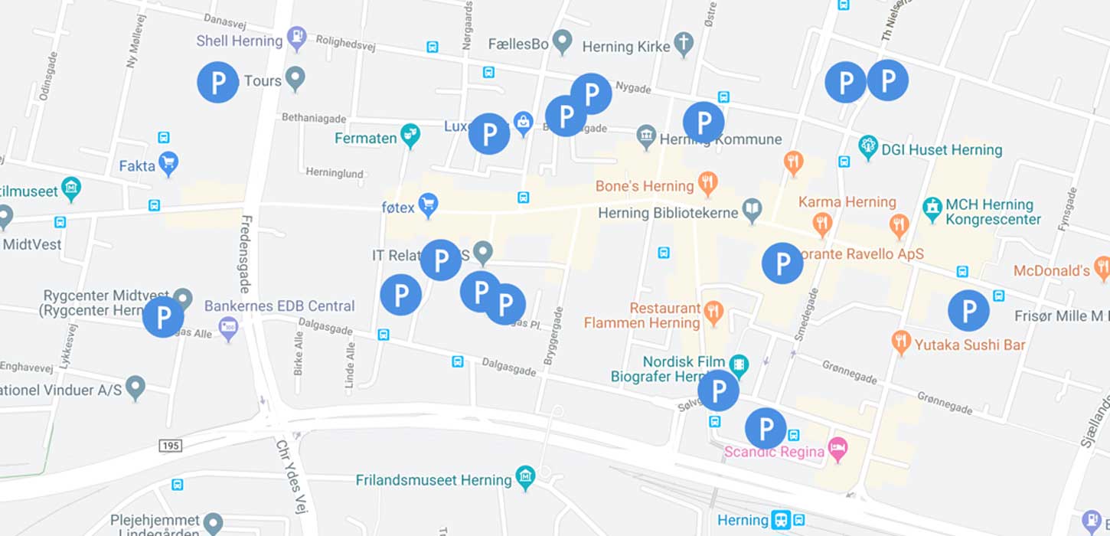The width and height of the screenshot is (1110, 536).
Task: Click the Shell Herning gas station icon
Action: pos(296,36)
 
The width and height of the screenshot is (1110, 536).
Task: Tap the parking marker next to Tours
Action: pos(218,82)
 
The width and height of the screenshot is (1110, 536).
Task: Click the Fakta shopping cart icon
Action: pos(168,162)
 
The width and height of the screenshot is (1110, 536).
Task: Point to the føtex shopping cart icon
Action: pos(427,204)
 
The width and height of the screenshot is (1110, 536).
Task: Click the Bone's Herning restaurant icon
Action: pos(707,184)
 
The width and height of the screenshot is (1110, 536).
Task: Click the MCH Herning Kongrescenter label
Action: pos(992,212)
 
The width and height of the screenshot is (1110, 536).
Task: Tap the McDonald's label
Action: pos(1051,271)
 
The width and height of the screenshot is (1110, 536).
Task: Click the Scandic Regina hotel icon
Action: pos(838,449)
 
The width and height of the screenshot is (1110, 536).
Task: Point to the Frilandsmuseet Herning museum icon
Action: pos(525,477)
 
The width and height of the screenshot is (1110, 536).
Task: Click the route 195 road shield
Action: pos(170,445)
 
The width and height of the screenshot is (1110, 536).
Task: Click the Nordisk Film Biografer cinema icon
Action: pos(739,364)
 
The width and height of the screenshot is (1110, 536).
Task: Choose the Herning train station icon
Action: pos(781,520)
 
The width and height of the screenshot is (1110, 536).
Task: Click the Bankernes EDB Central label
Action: pos(279,306)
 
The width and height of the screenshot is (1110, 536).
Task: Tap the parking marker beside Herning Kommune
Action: pos(703,123)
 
